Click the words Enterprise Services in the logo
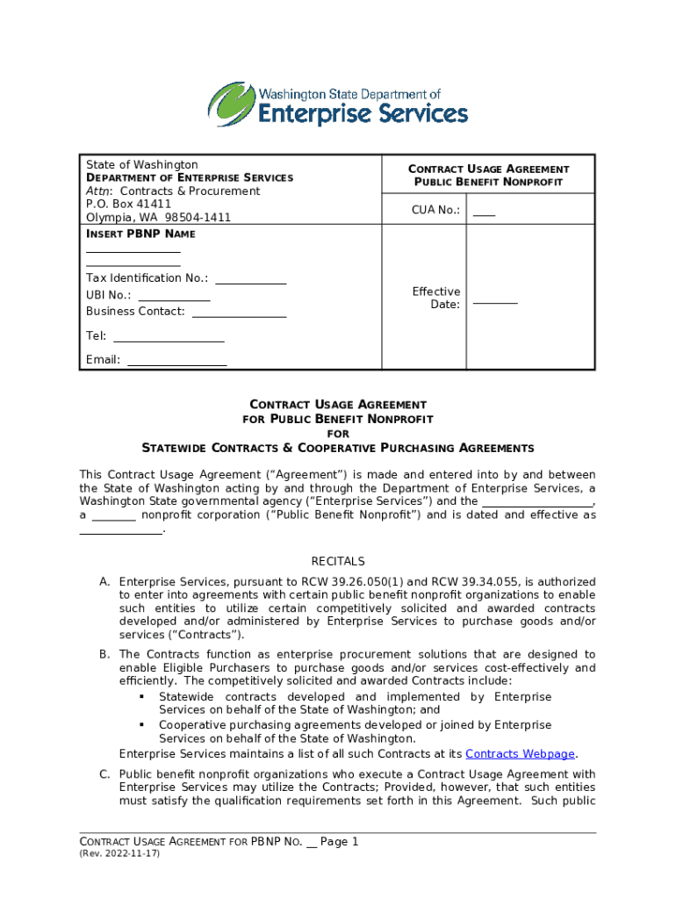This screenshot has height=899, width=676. tap(362, 114)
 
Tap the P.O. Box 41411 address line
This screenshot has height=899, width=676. tap(128, 204)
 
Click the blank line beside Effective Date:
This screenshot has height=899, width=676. tap(495, 302)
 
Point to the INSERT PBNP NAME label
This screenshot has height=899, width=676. tap(140, 234)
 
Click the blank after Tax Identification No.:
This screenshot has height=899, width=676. tap(251, 282)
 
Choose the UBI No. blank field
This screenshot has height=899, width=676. tap(174, 298)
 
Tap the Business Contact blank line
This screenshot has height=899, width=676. tap(239, 315)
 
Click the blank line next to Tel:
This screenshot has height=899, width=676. tap(169, 340)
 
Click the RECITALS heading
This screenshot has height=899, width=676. tap(338, 562)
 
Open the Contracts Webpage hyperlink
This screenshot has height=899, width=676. tap(520, 754)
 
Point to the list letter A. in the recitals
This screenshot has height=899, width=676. tap(104, 582)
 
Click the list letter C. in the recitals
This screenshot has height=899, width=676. tap(104, 774)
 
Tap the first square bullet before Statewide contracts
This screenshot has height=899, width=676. tap(140, 697)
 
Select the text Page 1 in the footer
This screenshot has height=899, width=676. tap(340, 842)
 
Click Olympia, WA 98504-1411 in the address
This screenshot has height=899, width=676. tap(158, 217)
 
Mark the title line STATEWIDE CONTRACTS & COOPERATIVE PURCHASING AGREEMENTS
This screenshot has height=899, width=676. tap(338, 448)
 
